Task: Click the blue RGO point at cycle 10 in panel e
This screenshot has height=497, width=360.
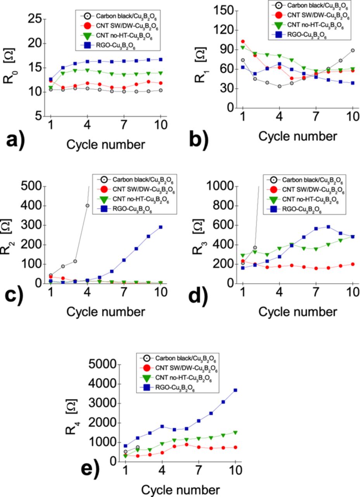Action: click(235, 390)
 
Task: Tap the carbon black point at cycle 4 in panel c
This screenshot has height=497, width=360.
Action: click(87, 206)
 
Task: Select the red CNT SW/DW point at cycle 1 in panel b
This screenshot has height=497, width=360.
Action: click(243, 42)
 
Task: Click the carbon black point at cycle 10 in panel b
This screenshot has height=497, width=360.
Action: click(353, 50)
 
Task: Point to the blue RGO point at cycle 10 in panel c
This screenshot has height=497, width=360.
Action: click(161, 227)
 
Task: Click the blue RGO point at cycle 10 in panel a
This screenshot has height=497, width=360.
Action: click(161, 60)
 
